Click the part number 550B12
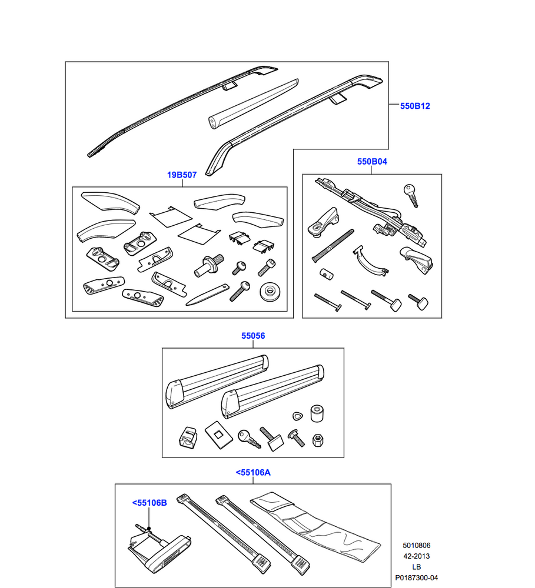point(415,106)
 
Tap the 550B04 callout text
point(372,161)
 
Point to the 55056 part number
point(252,336)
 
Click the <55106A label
point(252,472)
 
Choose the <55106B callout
point(149,503)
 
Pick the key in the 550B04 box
point(410,196)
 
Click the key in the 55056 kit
point(247,437)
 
